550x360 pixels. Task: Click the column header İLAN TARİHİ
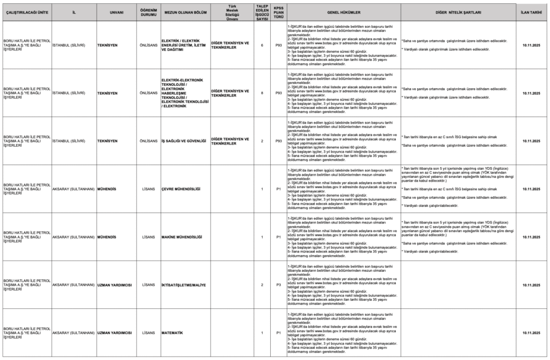point(531,11)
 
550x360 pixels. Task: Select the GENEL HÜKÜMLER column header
point(343,11)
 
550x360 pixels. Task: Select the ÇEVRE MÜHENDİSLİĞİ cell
point(180,189)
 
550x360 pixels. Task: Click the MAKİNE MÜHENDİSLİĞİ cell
point(182,237)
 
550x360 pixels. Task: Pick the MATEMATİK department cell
point(172,333)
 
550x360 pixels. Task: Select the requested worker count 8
point(262,93)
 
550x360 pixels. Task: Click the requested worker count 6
point(262,45)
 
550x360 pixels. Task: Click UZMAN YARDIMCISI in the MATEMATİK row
point(114,333)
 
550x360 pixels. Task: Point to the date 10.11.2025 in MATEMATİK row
point(531,333)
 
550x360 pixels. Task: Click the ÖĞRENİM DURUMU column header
point(149,11)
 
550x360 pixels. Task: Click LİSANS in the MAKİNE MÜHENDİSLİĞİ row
point(149,237)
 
